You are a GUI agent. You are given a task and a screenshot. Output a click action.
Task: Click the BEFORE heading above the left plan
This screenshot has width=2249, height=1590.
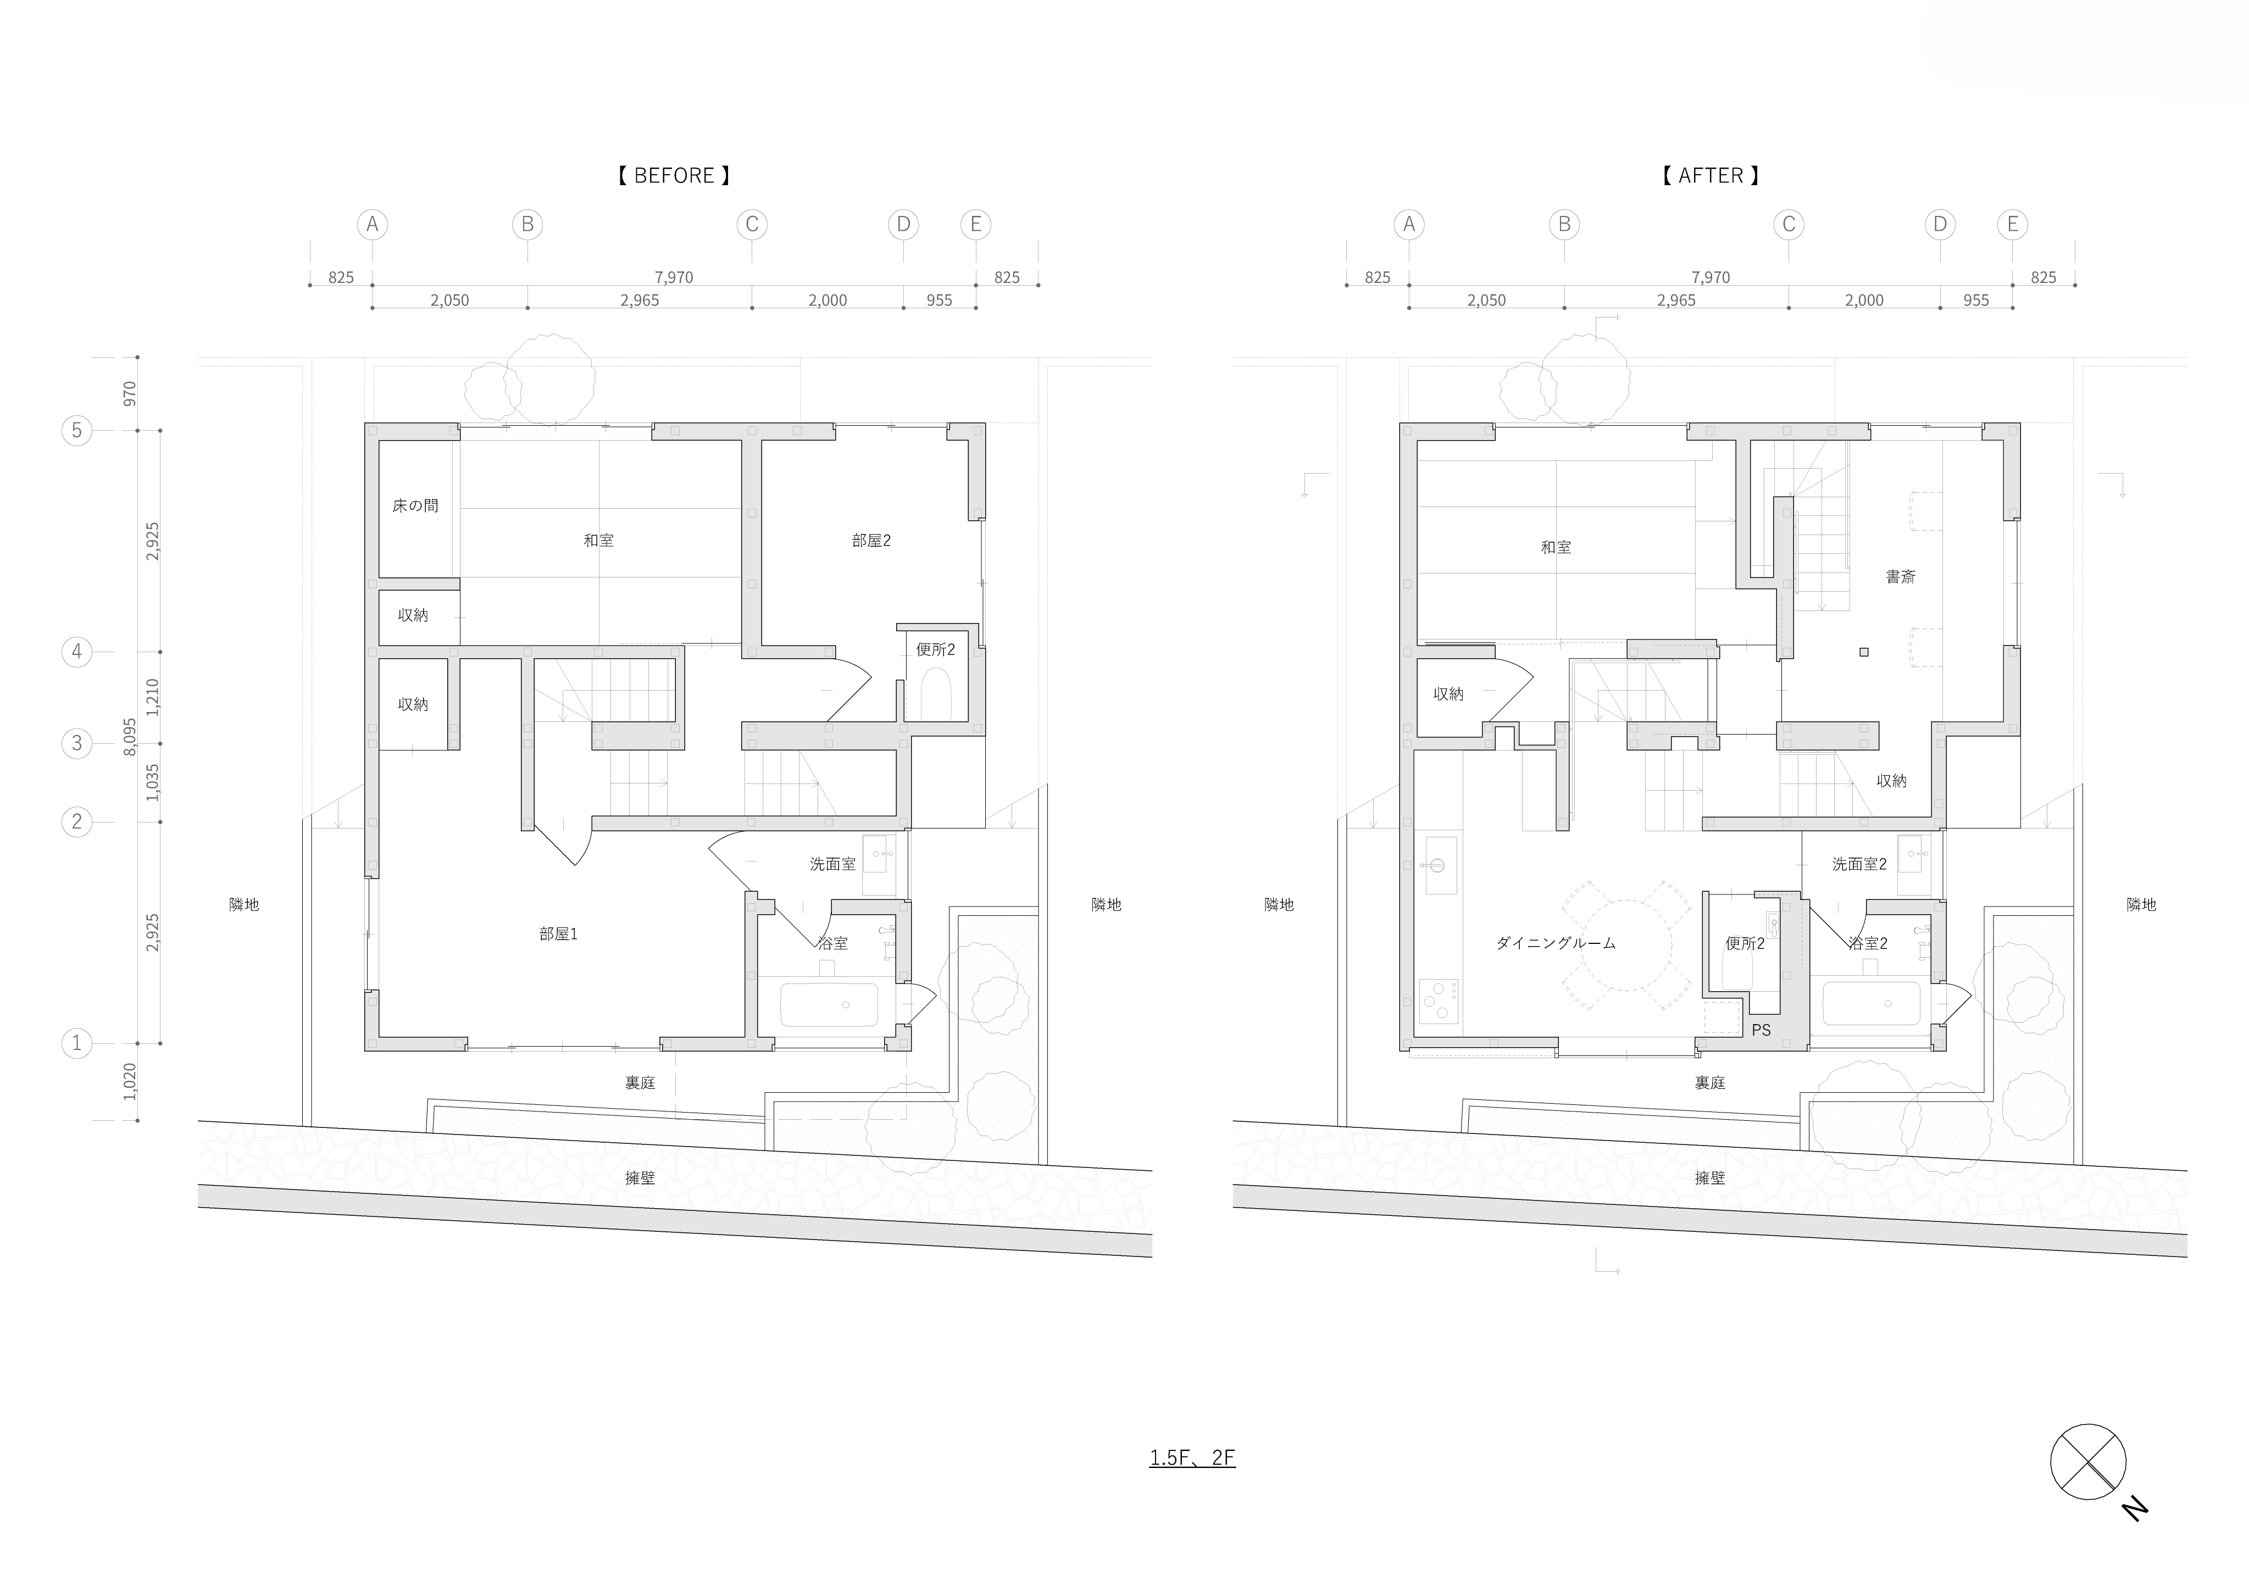tap(674, 175)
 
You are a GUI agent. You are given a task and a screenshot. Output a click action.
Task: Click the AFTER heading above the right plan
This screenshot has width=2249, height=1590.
tap(1711, 175)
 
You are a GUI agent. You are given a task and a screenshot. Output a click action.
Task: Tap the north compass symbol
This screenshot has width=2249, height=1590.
tap(2087, 1461)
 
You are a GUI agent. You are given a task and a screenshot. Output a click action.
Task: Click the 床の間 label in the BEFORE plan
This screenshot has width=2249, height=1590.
tap(415, 505)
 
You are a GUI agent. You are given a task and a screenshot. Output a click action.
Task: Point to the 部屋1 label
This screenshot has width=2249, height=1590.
tap(558, 933)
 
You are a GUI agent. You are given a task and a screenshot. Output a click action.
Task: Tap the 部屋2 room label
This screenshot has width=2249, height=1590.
tap(871, 540)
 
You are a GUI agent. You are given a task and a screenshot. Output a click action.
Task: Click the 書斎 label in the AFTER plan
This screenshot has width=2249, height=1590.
tap(1900, 577)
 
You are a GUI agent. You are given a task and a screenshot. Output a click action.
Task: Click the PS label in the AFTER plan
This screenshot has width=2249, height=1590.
tap(1761, 1030)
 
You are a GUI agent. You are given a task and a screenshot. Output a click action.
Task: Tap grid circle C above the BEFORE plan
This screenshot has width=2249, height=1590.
tap(751, 224)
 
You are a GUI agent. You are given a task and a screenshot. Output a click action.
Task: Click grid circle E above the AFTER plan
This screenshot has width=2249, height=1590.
tap(2012, 224)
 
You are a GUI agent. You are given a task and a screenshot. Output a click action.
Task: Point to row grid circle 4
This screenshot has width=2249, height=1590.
tap(76, 652)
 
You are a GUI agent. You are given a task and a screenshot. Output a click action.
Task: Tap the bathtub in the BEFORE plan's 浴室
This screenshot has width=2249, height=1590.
tap(829, 1004)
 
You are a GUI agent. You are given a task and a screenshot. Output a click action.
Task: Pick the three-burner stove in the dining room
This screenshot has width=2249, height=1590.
tap(1438, 1001)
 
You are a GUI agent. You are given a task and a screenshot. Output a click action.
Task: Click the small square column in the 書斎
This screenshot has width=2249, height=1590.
tap(1864, 652)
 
